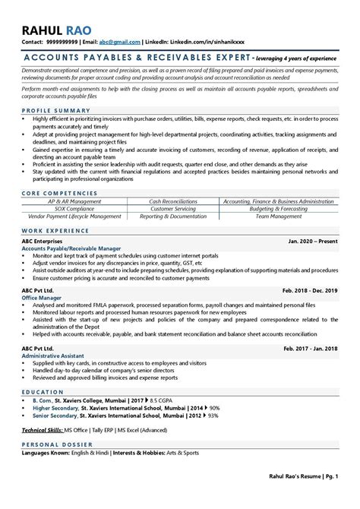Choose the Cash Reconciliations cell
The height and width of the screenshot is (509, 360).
(x=180, y=201)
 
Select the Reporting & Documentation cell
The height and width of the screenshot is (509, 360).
(x=180, y=217)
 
